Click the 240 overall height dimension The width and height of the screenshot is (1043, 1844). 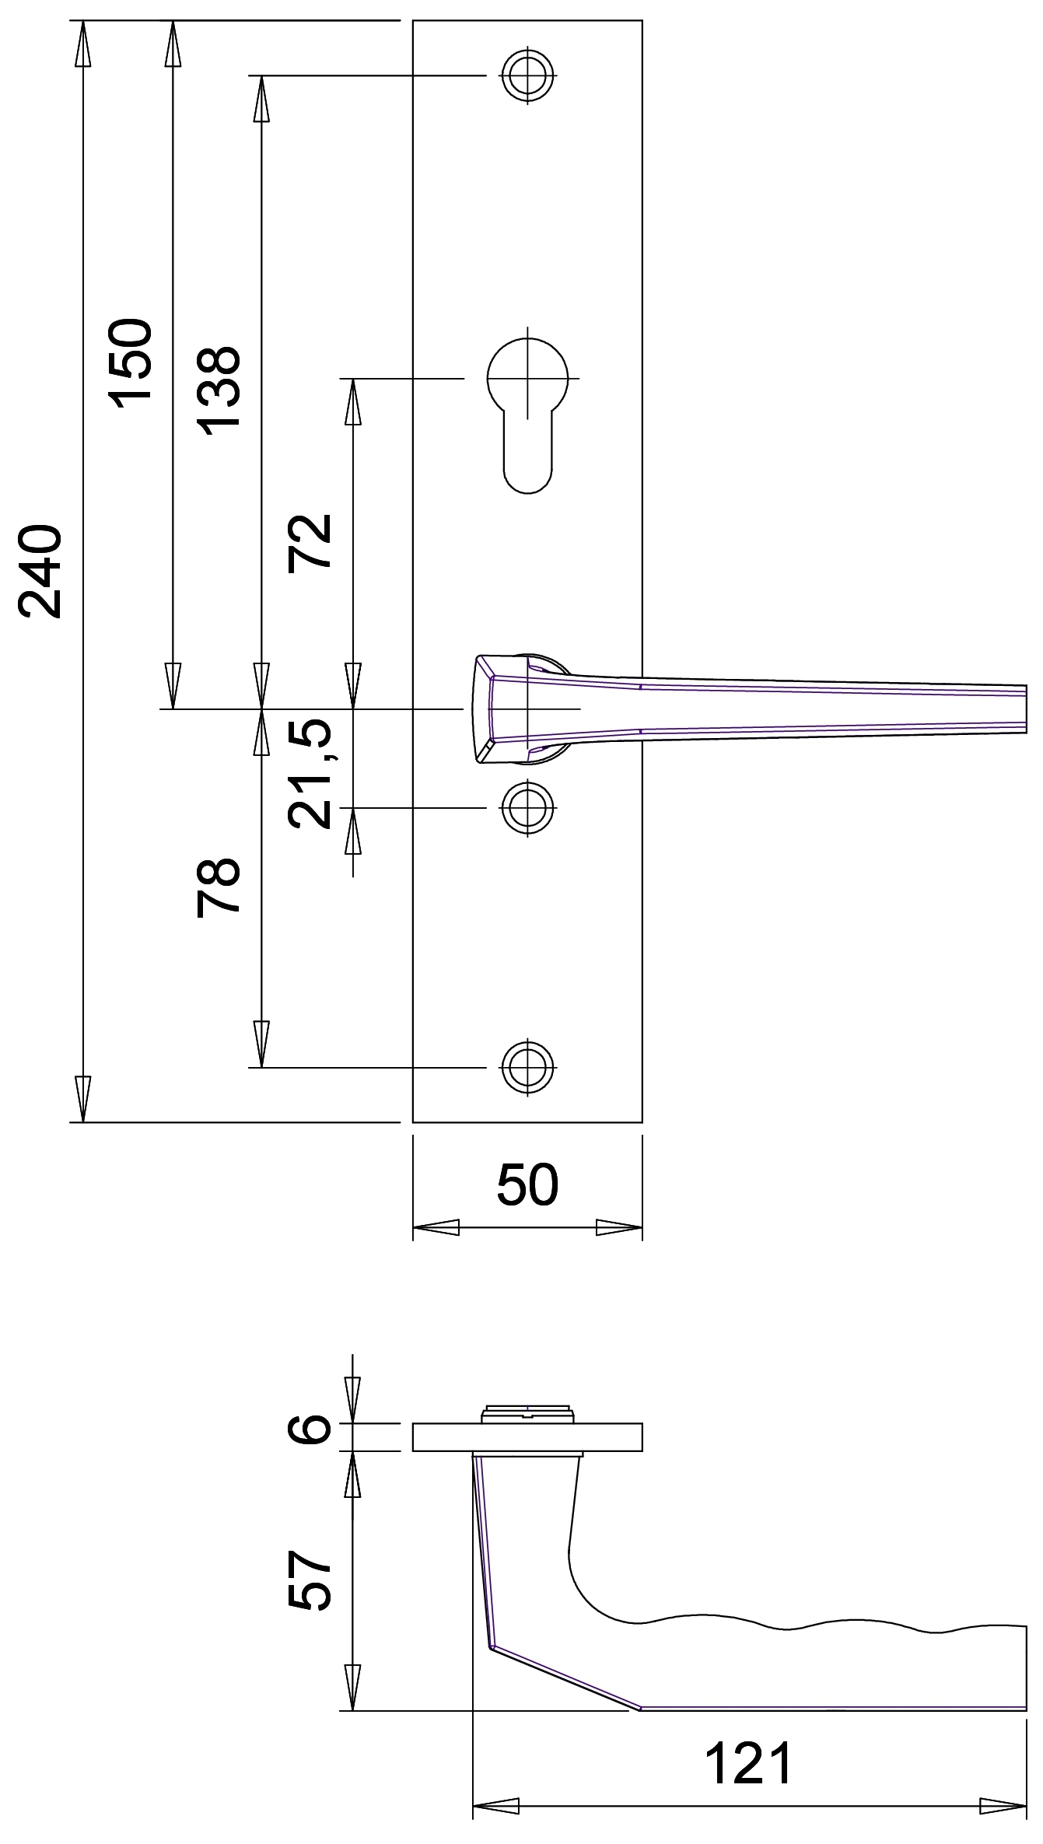(40, 572)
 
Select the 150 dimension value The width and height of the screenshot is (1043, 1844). (130, 362)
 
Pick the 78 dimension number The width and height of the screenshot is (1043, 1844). (219, 887)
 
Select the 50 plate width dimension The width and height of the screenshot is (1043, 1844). (527, 1184)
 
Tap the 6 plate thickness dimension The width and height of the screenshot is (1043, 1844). (310, 1429)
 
